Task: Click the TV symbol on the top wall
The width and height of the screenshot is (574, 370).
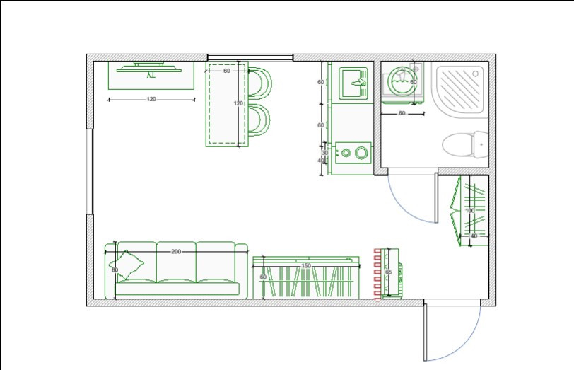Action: [151, 68]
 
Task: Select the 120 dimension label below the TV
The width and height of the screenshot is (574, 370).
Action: [151, 99]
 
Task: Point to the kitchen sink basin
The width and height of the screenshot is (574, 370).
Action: [352, 83]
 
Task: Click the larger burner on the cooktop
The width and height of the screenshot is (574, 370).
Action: [362, 151]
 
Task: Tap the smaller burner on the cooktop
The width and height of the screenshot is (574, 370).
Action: [346, 151]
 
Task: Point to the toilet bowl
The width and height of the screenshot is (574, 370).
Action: [459, 145]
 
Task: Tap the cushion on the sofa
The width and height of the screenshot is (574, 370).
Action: [130, 265]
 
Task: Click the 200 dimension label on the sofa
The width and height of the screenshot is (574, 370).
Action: [176, 251]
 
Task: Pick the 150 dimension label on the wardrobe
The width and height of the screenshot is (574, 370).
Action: [306, 265]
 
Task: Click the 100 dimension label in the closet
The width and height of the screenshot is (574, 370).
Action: [469, 211]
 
